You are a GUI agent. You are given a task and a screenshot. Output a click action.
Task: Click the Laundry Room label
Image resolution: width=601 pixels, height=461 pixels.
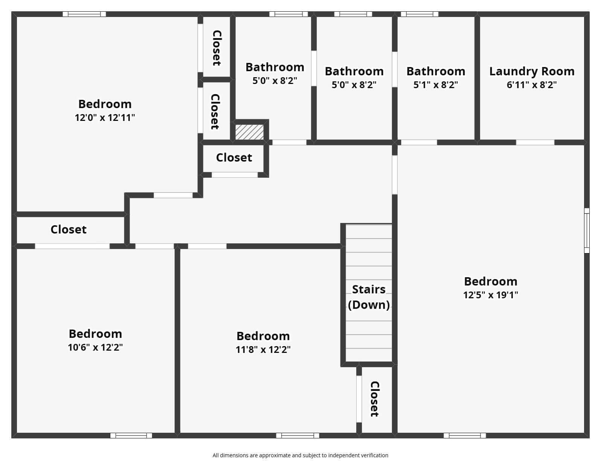pos(532,71)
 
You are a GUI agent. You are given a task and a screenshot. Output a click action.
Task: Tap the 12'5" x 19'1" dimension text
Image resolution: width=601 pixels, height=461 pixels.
pos(490,295)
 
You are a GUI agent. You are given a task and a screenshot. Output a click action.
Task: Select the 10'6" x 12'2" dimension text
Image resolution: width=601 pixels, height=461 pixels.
pos(95,347)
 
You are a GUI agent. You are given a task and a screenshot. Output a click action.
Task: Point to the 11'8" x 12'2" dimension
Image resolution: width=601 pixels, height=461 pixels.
pos(263,350)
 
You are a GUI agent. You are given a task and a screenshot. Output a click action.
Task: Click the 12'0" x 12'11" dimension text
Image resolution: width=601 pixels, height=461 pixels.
pos(105,118)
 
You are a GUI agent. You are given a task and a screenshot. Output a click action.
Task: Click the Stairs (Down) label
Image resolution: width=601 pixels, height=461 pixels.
pos(369,297)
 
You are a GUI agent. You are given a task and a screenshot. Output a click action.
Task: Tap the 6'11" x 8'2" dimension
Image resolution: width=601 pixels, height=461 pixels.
pos(532,85)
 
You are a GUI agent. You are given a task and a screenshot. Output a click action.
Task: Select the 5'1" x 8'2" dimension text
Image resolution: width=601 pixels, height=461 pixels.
pos(436,85)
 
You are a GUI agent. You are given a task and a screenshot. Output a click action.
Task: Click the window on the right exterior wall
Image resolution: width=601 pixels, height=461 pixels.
pos(586,230)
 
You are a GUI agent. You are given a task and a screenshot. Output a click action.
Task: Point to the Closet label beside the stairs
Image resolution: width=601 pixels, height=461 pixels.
pos(374,399)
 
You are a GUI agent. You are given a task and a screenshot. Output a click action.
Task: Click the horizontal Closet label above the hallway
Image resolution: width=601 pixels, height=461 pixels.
pos(234,157)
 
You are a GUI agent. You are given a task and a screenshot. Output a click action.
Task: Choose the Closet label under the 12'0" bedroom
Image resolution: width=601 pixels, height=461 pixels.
pos(69,229)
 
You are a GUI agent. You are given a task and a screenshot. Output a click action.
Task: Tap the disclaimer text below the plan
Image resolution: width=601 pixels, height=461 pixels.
pos(300,455)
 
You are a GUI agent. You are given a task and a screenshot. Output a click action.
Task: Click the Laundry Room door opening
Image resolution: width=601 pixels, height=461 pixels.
pos(535,142)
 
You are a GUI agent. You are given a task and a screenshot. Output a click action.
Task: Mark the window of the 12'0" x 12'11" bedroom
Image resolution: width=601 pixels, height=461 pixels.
pos(84,14)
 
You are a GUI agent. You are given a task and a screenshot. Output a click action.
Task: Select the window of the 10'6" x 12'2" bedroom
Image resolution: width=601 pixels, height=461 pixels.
pos(131,435)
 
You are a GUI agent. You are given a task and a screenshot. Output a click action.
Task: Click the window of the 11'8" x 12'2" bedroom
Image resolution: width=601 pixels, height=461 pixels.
pos(297,435)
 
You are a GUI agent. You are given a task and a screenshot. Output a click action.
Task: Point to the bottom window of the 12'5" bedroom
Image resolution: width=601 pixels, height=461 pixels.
pos(465,435)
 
